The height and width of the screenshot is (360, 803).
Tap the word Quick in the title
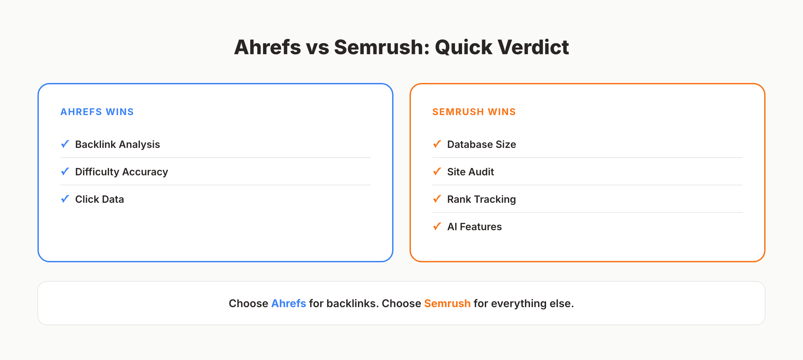click(x=463, y=47)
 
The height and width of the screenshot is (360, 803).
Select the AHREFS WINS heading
click(x=97, y=112)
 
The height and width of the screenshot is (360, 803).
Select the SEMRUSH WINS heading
click(x=474, y=112)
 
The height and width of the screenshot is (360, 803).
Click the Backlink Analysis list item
click(x=117, y=144)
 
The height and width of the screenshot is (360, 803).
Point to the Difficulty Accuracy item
click(x=121, y=172)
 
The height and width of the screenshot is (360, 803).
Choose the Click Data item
click(x=99, y=199)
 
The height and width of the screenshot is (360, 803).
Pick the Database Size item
click(x=481, y=144)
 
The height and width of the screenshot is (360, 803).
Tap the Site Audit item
click(x=470, y=172)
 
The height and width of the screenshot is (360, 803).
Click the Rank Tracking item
click(x=481, y=199)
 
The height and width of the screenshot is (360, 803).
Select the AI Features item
click(x=474, y=227)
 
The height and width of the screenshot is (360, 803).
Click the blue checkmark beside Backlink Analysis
click(x=65, y=144)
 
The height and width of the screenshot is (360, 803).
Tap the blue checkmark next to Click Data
click(x=65, y=199)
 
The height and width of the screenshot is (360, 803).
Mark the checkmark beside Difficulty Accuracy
click(x=65, y=171)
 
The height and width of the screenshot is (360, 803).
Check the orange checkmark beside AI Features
click(x=437, y=226)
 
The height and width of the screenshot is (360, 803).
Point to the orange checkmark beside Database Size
click(x=437, y=144)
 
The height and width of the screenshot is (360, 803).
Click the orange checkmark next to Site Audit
click(x=437, y=171)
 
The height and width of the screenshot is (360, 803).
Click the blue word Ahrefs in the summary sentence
click(x=288, y=303)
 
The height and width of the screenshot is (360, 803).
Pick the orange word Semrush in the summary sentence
click(x=447, y=303)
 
